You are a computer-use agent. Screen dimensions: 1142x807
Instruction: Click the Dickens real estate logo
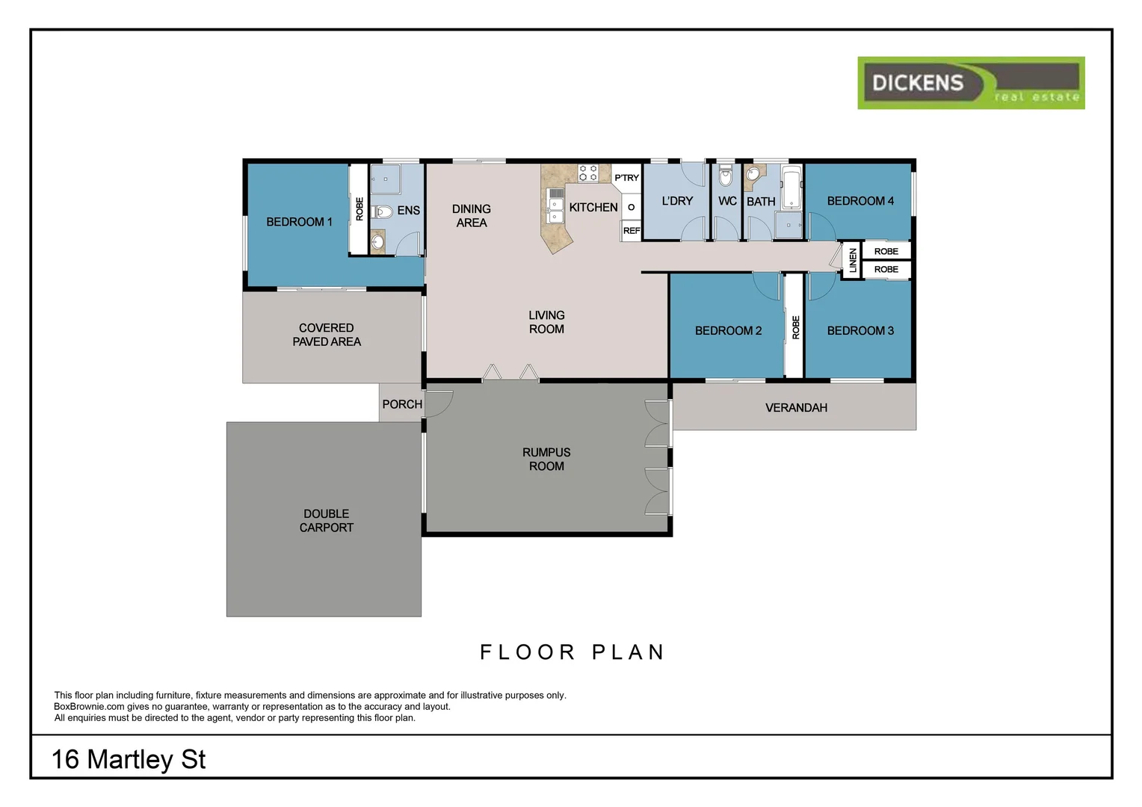point(971,83)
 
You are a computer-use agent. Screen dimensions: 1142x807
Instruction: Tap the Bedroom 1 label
point(299,222)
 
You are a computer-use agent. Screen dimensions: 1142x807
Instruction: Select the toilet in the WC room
point(725,175)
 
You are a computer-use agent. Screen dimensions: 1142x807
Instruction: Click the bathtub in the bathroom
point(791,187)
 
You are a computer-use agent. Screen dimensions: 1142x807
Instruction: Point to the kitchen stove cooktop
point(588,173)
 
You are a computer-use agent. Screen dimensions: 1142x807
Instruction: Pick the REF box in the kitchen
point(631,231)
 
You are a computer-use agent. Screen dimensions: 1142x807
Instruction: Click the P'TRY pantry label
point(626,178)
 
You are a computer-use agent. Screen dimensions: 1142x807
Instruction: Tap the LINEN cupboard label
point(853,261)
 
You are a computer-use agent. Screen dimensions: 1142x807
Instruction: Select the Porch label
point(402,404)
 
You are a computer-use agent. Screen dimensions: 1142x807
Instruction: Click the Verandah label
point(796,408)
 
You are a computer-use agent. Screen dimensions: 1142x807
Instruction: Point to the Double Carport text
point(327,521)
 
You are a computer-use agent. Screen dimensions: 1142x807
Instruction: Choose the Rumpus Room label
point(546,460)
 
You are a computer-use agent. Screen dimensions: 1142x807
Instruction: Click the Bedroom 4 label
point(860,201)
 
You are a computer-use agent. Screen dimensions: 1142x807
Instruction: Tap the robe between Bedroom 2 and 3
point(794,327)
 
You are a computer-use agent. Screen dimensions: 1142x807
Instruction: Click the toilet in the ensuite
point(382,211)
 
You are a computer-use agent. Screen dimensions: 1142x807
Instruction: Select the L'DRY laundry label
point(677,201)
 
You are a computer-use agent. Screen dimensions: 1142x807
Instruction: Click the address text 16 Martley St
point(129,760)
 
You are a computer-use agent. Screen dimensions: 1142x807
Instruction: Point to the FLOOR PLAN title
point(572,652)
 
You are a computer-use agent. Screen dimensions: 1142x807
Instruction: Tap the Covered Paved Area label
point(327,335)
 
